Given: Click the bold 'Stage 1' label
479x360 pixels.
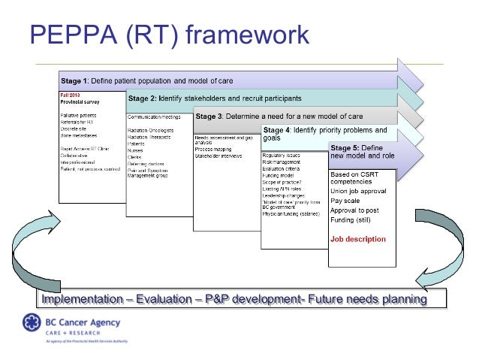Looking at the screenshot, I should (75, 80).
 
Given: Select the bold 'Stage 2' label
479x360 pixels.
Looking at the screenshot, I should (143, 98).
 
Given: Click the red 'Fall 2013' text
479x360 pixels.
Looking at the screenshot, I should (70, 95).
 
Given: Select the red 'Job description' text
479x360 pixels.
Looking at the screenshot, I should (358, 239).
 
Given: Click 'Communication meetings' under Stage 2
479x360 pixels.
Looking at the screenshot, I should (154, 117).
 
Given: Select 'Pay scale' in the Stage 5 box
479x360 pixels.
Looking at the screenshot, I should (345, 201).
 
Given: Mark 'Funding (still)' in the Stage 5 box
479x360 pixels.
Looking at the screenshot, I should (354, 221).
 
